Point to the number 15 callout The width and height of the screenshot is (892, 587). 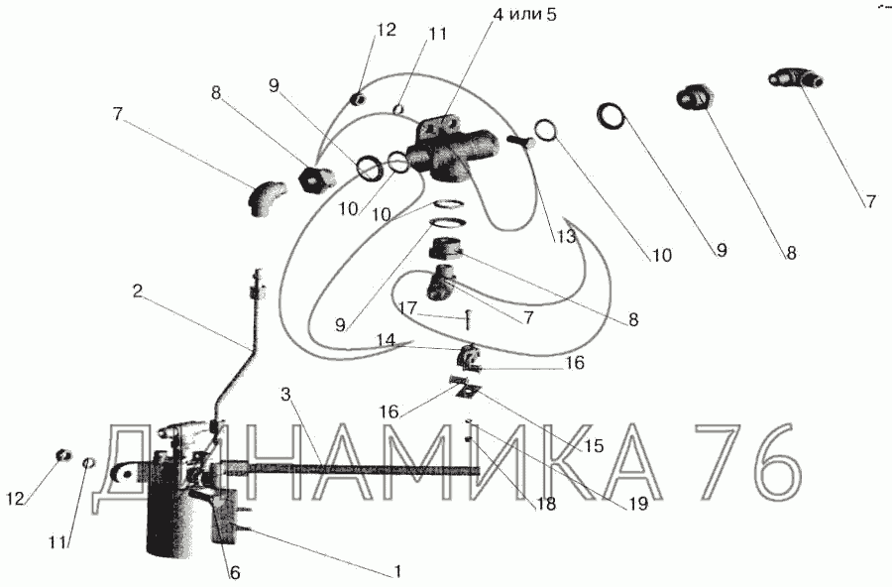(592, 445)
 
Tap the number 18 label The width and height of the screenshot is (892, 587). (545, 504)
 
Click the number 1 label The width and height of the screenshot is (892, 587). (396, 572)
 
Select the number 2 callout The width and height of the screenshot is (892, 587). (139, 292)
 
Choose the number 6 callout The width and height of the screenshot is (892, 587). (234, 572)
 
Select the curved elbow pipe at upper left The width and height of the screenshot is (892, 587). (265, 196)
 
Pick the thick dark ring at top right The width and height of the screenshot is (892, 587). (612, 116)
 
